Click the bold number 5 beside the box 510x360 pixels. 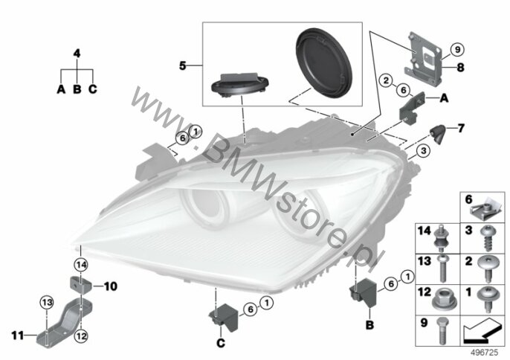[x=183, y=65]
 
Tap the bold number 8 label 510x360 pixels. [x=461, y=68]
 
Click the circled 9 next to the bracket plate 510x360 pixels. [x=457, y=50]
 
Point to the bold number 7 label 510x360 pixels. [x=461, y=128]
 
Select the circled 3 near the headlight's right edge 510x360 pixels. [x=423, y=151]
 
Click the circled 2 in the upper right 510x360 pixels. [x=386, y=80]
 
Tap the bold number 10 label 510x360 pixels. [x=110, y=286]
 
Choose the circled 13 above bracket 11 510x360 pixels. [x=47, y=303]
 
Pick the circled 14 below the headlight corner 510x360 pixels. [x=81, y=265]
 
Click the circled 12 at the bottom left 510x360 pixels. [x=81, y=336]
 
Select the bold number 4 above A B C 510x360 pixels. [x=77, y=54]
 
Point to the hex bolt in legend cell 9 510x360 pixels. [x=442, y=330]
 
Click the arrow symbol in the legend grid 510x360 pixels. [x=482, y=331]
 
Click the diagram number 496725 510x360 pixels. [x=485, y=353]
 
